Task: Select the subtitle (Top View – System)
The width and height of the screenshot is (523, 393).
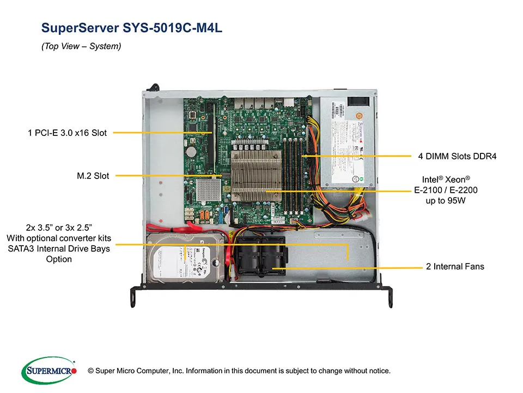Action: [x=81, y=47]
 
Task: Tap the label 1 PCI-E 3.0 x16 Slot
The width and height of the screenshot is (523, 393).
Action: [x=67, y=132]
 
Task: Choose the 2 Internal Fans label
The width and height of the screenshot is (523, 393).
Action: [x=455, y=267]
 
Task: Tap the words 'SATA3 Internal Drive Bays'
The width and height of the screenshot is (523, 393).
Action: [x=58, y=248]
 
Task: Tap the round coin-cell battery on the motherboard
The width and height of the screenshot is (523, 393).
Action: [x=191, y=150]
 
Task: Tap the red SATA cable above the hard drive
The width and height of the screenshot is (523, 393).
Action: [x=180, y=230]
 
